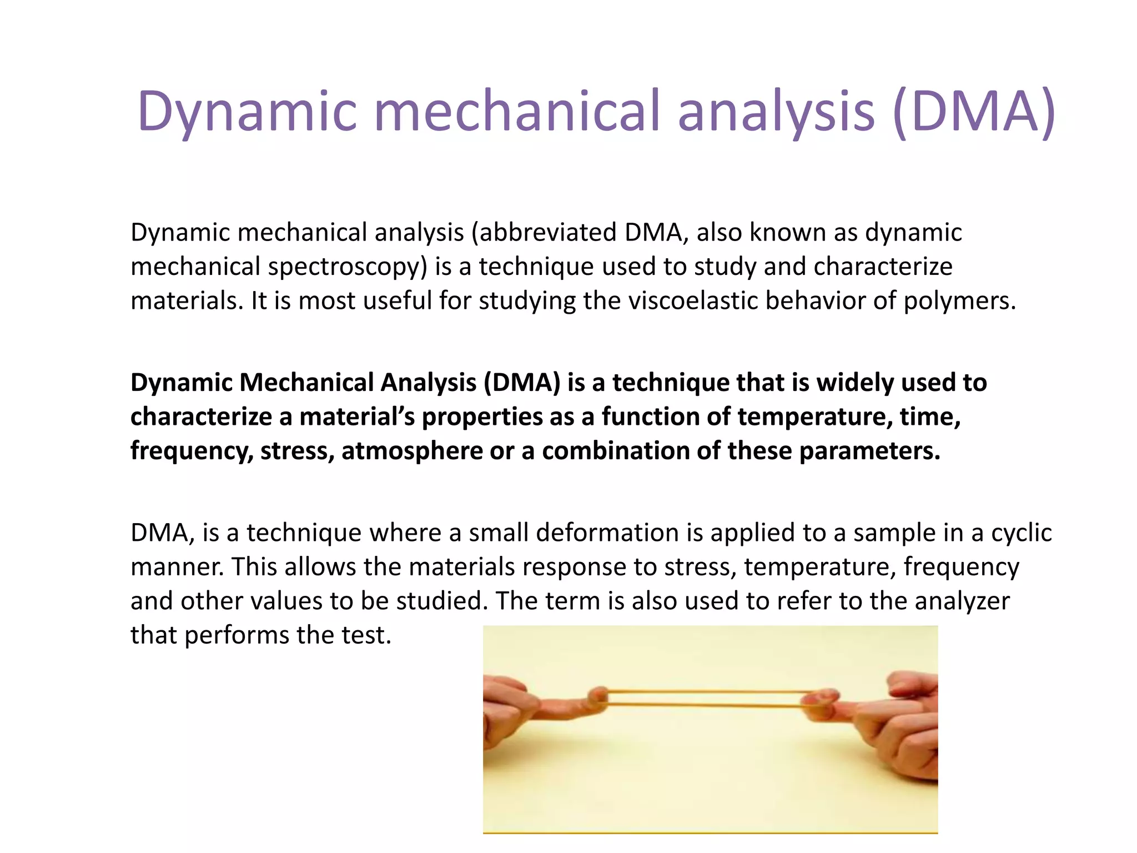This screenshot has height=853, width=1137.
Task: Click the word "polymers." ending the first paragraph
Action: (959, 300)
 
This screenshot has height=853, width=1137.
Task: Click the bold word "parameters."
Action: (869, 450)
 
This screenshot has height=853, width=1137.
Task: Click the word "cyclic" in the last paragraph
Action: (1021, 533)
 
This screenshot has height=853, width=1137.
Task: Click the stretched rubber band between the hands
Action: (705, 699)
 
